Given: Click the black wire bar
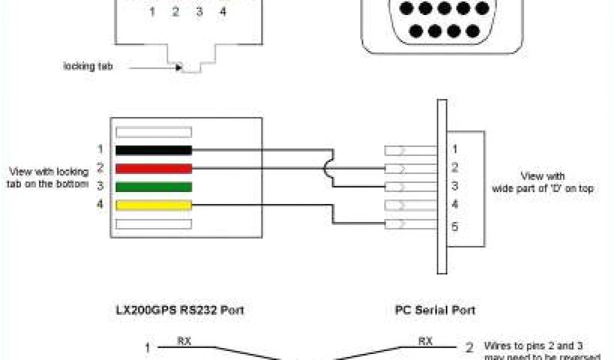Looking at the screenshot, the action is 153,150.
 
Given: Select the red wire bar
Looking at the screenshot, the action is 153,169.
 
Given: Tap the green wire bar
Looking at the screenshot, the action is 153,187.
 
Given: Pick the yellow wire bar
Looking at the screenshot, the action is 153,206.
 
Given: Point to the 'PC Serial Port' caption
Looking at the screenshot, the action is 435,310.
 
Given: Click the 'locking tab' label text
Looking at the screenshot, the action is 88,66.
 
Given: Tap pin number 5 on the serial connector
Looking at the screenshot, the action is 455,227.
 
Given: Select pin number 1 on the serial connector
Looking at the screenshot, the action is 455,149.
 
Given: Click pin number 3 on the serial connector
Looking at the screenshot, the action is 455,186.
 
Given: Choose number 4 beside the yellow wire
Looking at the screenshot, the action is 100,205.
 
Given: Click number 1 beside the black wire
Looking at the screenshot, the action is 100,148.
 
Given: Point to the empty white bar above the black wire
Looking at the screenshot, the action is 153,132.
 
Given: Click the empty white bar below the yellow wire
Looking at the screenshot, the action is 153,224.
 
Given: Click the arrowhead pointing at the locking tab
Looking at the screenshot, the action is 178,67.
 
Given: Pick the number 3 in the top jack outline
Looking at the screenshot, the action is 198,11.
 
